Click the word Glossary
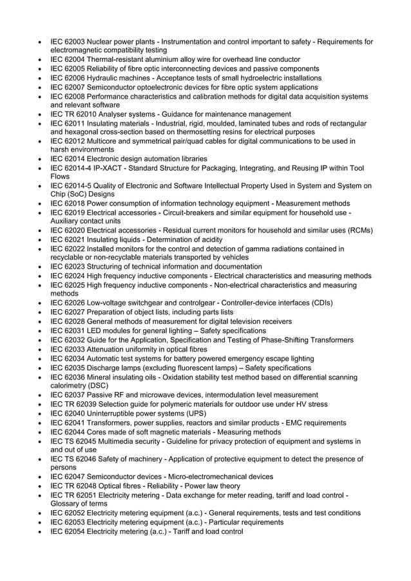(x=70, y=504)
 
